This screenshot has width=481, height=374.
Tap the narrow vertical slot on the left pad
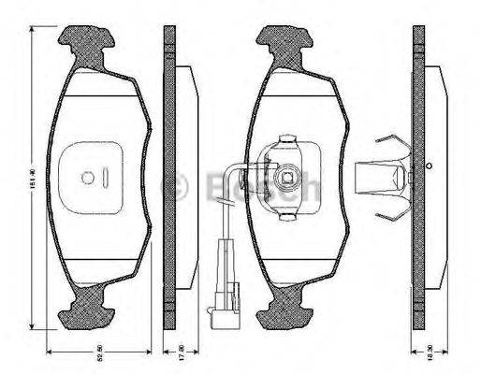point(105,178)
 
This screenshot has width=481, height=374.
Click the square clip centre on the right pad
point(289,176)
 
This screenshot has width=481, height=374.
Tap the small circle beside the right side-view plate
point(429,167)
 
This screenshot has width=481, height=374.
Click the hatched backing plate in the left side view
point(169,178)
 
